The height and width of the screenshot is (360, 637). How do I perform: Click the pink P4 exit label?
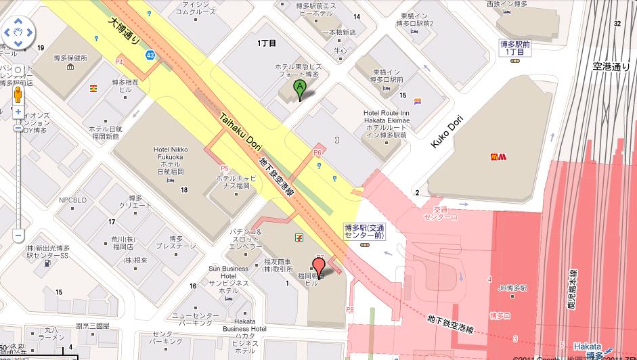[x=120, y=62]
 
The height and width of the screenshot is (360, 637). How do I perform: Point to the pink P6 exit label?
[x=317, y=154]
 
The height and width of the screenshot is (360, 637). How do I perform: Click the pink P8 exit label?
[x=350, y=310]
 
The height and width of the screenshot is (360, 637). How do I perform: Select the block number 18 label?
[x=184, y=190]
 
